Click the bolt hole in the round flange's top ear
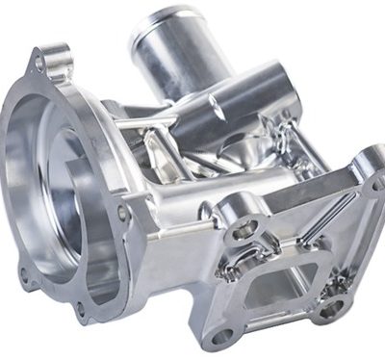39,64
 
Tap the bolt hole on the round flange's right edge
121,213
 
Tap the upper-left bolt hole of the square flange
243,228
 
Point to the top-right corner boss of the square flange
369,166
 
